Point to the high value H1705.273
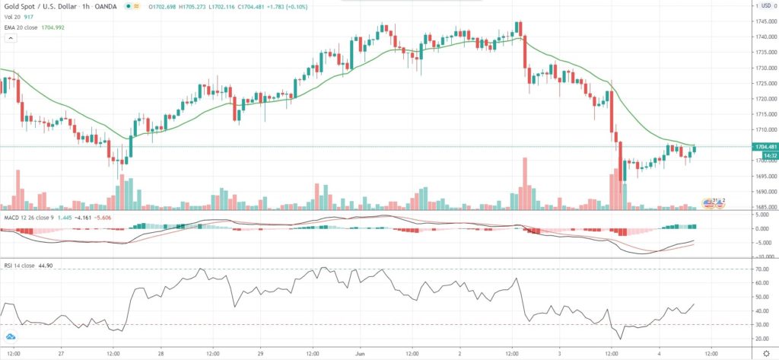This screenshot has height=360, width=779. coord(199,7)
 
